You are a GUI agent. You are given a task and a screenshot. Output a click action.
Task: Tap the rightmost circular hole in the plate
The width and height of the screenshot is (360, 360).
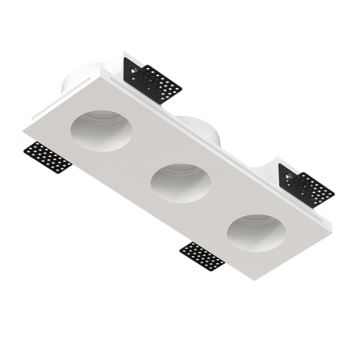256,232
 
